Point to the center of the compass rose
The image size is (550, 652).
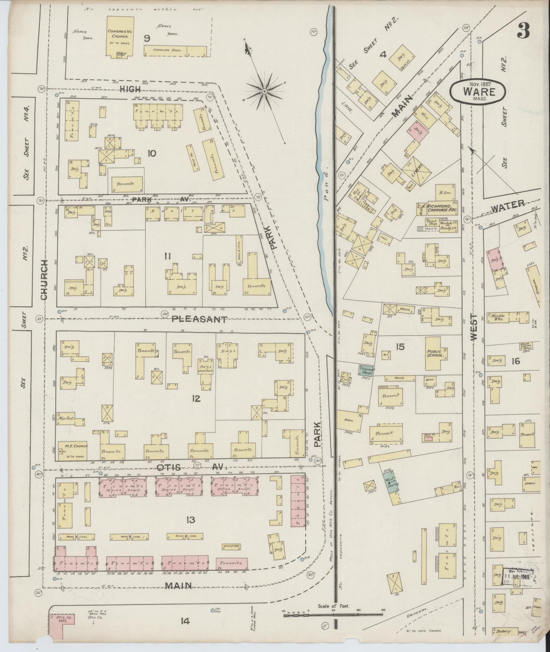coord(264,91)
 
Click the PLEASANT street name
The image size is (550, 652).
coord(199,319)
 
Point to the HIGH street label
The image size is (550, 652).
coord(130,89)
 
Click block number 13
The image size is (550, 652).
coord(190,520)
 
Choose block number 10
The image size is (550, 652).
coord(151,153)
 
